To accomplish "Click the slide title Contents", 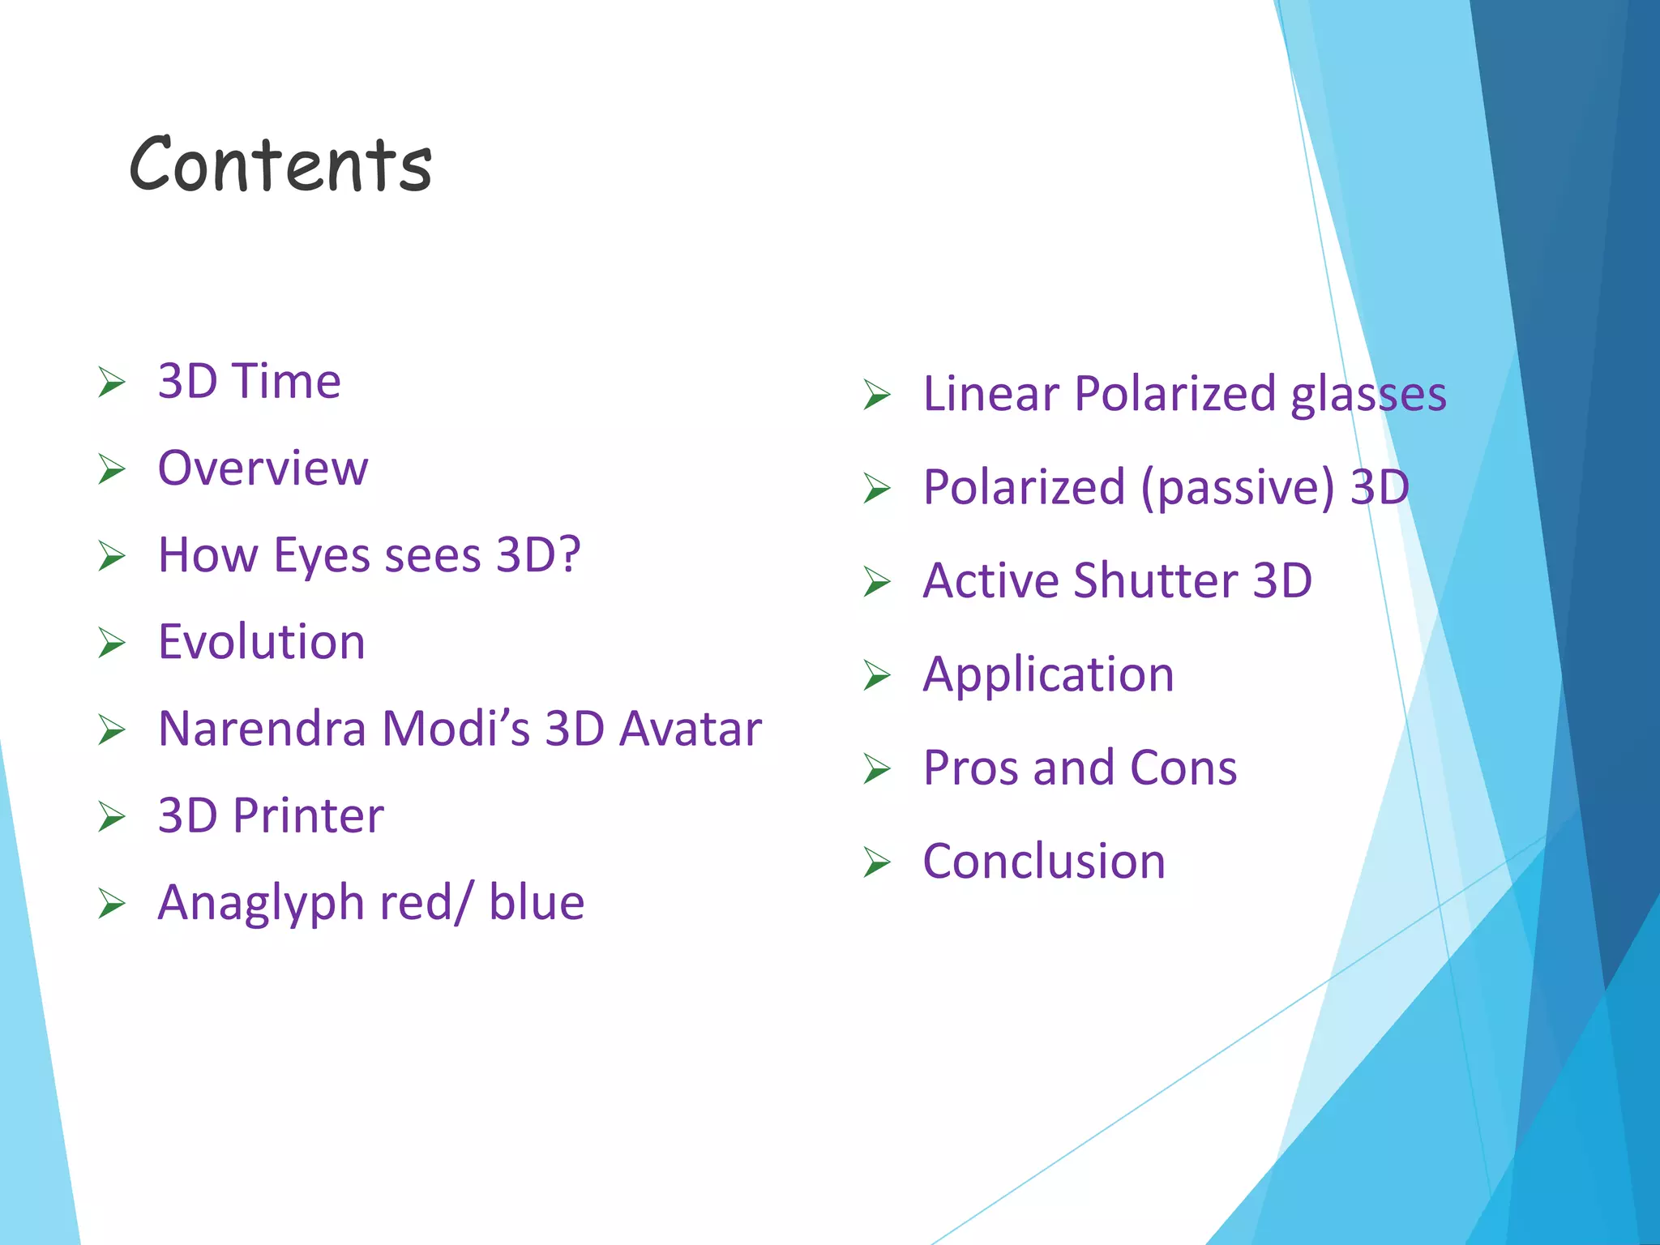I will (280, 165).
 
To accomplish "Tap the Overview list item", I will (263, 468).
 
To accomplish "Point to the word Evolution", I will (261, 642).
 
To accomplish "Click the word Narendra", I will (262, 729).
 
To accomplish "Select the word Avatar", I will (690, 729).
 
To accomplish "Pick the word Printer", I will (308, 815).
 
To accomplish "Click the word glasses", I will (1367, 394).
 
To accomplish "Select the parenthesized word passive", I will (1237, 487).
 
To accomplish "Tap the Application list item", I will (1048, 674).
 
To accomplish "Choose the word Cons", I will (1183, 768).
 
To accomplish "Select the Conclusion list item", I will (1044, 861).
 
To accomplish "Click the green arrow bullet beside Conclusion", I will (877, 862).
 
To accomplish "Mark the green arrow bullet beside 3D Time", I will (112, 382).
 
